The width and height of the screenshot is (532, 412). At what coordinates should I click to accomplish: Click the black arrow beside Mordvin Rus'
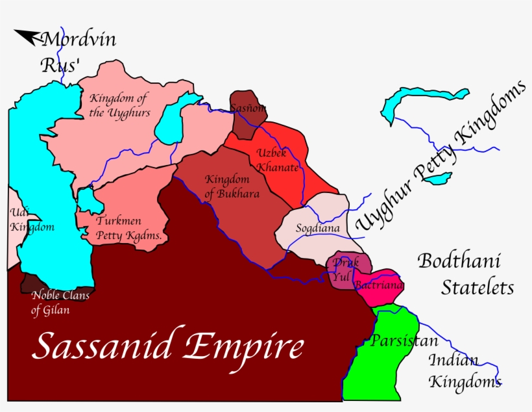[27, 38]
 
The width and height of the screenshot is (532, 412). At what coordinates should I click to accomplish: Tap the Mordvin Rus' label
[78, 52]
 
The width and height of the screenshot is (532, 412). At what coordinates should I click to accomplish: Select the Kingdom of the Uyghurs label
[119, 105]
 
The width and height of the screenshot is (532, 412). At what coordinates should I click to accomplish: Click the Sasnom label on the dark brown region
[248, 108]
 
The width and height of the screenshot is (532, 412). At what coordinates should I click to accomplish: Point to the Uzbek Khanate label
[277, 161]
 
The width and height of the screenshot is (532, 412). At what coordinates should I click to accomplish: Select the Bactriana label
[379, 285]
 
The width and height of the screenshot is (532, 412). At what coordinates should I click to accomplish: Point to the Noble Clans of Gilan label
[60, 303]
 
